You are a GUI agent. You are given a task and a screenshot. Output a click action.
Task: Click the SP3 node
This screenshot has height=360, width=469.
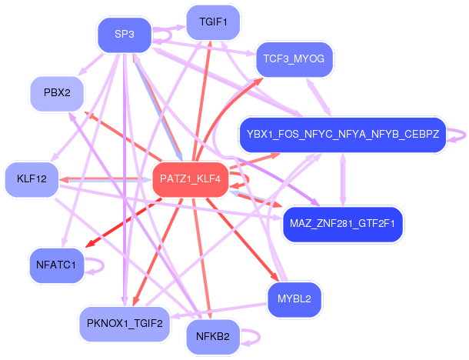pos(125,35)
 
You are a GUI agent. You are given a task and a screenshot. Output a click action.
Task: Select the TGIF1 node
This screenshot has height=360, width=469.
pos(213,22)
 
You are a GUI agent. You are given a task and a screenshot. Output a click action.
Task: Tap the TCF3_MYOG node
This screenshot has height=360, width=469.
pos(294,59)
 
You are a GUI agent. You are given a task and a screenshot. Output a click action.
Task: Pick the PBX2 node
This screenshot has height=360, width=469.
pos(57,94)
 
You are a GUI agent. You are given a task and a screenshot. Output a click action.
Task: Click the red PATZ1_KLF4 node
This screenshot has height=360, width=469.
pos(190,179)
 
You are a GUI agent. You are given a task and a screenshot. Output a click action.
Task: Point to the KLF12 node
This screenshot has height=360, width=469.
pos(32,179)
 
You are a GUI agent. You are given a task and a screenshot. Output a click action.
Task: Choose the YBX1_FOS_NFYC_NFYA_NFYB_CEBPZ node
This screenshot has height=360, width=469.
pos(343,135)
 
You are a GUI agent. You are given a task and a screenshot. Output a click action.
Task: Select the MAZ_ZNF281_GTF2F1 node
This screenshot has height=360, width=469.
pos(343,224)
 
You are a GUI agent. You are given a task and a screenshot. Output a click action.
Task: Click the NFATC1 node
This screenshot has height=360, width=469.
pos(56,265)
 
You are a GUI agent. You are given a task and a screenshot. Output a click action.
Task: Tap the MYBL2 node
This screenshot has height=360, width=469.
pos(294,299)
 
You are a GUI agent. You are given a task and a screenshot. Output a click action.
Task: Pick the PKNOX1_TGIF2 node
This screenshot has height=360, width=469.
pos(125,324)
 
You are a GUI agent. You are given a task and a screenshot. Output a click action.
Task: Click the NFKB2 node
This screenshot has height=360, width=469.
pos(213,337)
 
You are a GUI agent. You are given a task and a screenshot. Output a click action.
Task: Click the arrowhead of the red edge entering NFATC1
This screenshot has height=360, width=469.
pos(90,243)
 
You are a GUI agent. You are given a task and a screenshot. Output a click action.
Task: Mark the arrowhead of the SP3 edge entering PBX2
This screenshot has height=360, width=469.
pos(81,72)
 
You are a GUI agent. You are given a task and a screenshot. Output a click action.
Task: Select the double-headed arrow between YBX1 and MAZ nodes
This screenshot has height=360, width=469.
pos(343,179)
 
